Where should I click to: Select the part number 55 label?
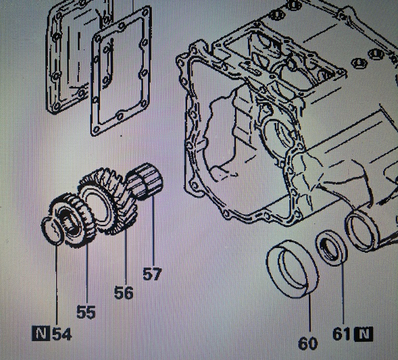(86, 312)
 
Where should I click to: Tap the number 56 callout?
(123, 293)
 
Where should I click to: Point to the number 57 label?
(152, 273)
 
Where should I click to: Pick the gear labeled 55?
(73, 220)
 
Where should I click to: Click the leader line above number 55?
(87, 275)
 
